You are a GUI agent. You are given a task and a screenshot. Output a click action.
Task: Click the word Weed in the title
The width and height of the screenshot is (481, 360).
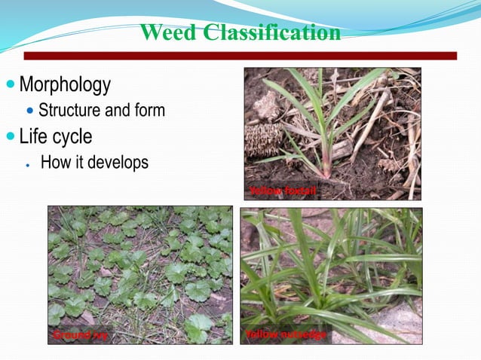click(168, 33)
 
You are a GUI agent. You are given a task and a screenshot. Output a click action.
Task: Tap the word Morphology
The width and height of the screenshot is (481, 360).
click(65, 84)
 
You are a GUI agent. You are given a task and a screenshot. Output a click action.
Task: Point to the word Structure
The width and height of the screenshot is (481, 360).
click(69, 111)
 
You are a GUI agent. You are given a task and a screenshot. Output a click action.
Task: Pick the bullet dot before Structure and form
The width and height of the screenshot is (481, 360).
click(30, 111)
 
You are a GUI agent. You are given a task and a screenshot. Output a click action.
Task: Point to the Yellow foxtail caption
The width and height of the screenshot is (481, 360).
click(283, 191)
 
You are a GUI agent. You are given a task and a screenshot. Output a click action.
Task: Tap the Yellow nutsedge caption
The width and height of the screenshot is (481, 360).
click(286, 334)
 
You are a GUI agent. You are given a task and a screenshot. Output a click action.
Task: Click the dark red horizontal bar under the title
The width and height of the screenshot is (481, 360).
click(240, 56)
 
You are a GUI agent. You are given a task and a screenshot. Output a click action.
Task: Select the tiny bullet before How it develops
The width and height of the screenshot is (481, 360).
click(27, 163)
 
